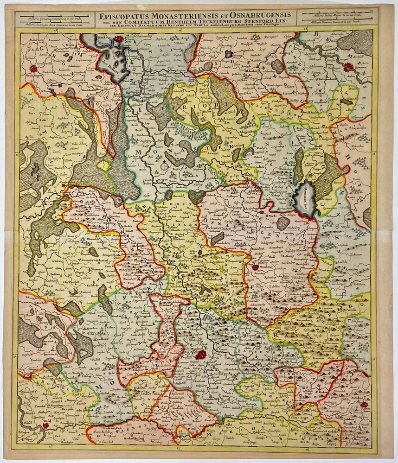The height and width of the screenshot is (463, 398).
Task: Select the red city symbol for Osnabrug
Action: coord(255,267)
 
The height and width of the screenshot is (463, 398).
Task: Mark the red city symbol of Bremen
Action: coord(348,67)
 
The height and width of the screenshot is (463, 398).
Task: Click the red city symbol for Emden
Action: coord(118,39)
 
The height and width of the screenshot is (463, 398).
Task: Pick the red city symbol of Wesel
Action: coord(45,425)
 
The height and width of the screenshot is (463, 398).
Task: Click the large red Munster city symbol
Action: coord(200,355)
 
